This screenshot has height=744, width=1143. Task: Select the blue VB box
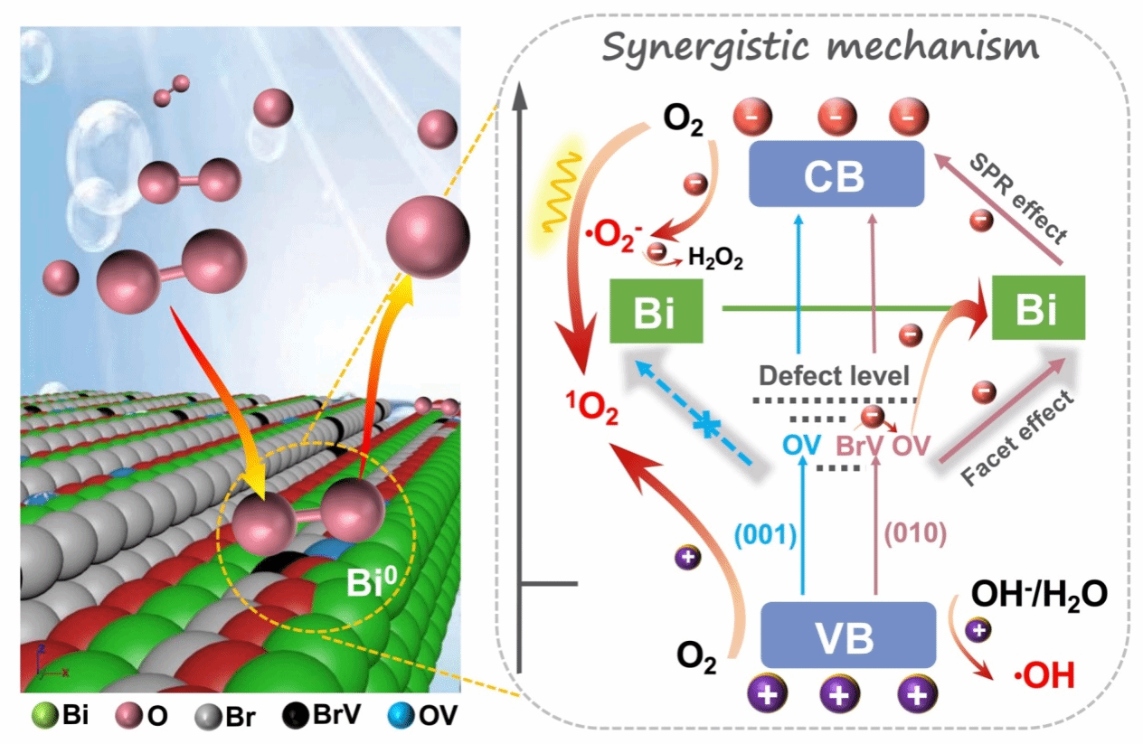(x=836, y=635)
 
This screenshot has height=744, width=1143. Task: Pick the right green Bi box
(x=1036, y=309)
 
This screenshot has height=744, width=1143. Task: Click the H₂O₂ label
(x=715, y=259)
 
